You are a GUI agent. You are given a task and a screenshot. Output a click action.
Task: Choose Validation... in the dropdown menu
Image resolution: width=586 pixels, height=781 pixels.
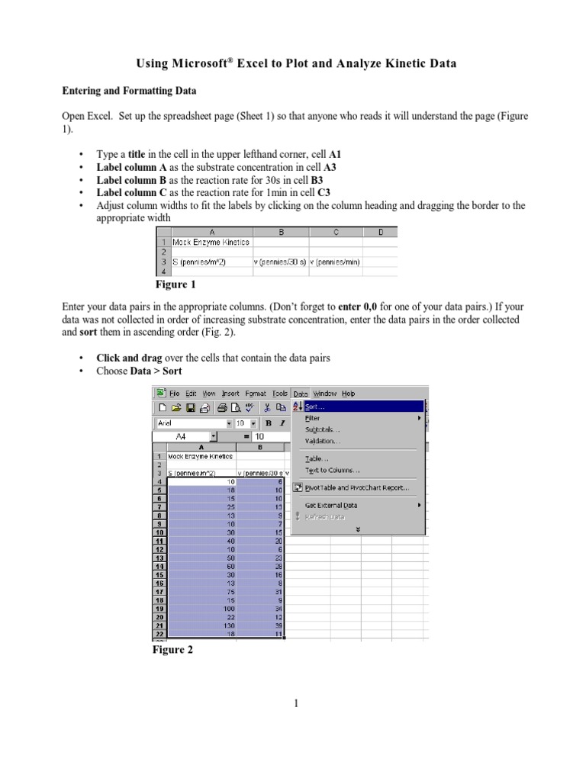pyautogui.click(x=323, y=441)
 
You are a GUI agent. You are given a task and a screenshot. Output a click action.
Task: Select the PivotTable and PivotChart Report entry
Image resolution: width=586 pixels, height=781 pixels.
pyautogui.click(x=357, y=487)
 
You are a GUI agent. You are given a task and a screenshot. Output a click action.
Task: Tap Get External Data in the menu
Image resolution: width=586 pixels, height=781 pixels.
pyautogui.click(x=330, y=505)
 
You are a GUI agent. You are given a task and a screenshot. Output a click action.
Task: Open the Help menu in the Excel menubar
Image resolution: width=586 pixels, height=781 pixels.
pyautogui.click(x=348, y=394)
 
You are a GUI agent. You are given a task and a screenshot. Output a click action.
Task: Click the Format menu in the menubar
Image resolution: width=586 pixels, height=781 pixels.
pyautogui.click(x=256, y=394)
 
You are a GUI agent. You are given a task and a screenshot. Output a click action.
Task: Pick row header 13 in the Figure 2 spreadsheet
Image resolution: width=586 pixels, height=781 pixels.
pyautogui.click(x=160, y=558)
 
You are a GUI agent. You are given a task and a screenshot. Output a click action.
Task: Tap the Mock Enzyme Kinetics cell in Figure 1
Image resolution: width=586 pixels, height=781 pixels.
pyautogui.click(x=211, y=242)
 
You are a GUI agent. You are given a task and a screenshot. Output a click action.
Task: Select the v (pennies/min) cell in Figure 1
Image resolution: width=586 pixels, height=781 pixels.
pyautogui.click(x=335, y=262)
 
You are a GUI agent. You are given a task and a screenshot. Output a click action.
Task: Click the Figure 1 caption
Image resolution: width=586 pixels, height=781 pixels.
pyautogui.click(x=175, y=284)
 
